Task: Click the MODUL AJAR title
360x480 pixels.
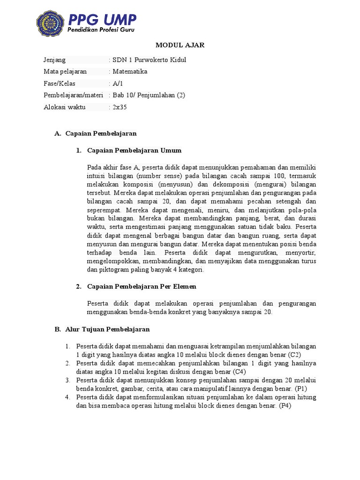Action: click(180, 45)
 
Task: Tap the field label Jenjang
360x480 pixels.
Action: click(55, 60)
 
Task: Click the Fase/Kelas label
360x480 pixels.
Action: click(60, 83)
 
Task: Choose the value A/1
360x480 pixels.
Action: click(117, 83)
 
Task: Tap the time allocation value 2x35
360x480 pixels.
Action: click(120, 107)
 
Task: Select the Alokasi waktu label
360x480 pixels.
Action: click(65, 107)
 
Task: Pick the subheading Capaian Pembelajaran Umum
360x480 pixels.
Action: click(128, 150)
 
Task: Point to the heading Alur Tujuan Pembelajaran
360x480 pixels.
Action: click(102, 330)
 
